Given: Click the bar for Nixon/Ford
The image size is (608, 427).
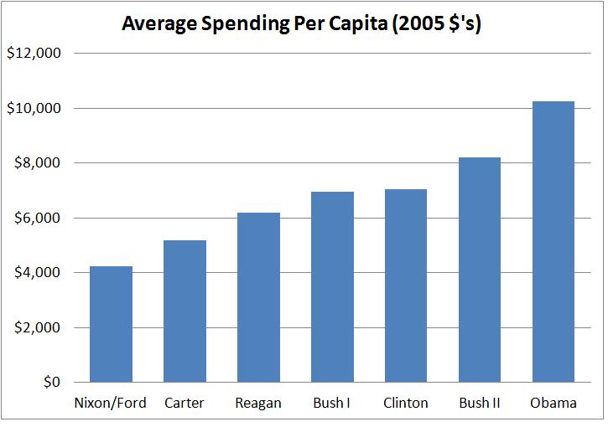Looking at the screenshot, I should point(111,324).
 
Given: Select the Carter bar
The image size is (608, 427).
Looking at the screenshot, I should point(184,311).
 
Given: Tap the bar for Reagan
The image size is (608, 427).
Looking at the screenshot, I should point(258,297).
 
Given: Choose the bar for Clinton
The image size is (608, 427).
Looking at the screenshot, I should point(406,286).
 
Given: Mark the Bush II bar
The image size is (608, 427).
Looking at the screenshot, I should point(480,270).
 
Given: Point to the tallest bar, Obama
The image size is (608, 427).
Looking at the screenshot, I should point(553,242).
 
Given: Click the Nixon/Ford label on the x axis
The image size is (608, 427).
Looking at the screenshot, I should point(111,403).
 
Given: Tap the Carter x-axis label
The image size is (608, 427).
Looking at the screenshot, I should point(184,403).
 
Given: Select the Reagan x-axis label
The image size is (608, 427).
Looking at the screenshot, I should point(258,403).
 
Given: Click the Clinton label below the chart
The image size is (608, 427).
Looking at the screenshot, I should point(406,403).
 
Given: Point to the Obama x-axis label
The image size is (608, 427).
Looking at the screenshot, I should point(553,403).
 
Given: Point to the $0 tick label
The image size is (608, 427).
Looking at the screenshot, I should point(52,382).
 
